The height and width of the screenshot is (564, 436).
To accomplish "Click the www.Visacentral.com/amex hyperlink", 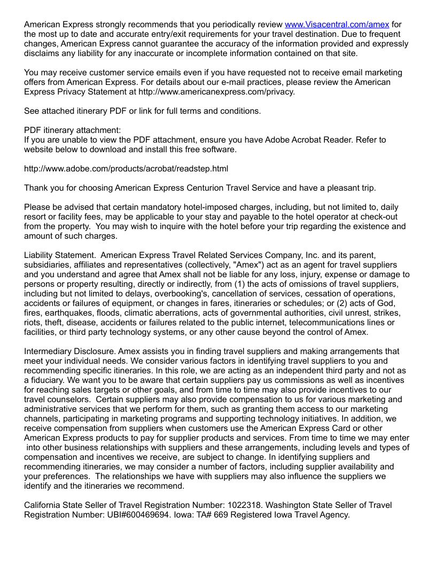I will coord(337,25).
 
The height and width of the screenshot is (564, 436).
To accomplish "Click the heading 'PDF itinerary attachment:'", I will coord(73,130).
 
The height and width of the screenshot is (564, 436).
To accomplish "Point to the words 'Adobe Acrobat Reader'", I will coord(312,140).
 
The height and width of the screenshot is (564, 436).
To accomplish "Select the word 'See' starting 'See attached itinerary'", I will coord(32,111).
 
